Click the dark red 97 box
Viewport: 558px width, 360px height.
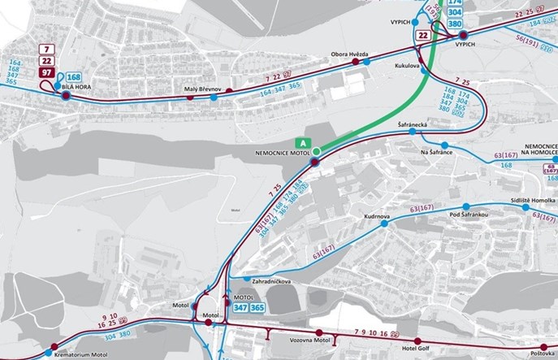click(x=47, y=74)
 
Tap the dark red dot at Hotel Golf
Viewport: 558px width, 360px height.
click(x=418, y=341)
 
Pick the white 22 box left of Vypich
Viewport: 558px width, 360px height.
click(x=423, y=35)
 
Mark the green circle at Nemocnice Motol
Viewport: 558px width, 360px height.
click(x=318, y=151)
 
